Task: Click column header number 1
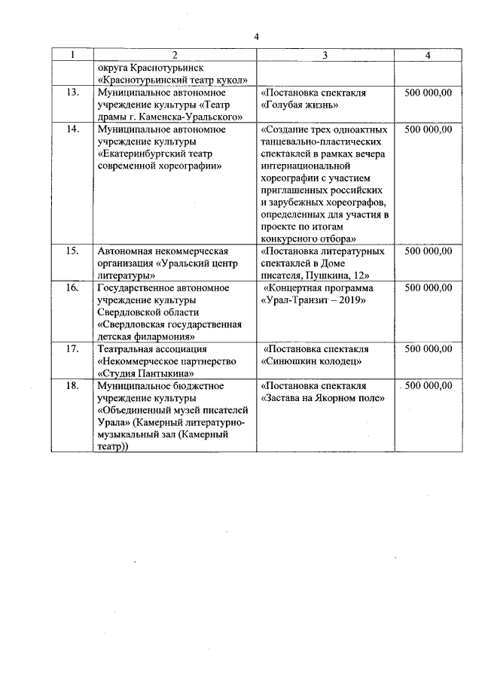click(x=72, y=55)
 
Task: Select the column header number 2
click(x=174, y=55)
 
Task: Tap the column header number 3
click(x=325, y=55)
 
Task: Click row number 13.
click(x=72, y=93)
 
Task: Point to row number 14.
click(x=72, y=129)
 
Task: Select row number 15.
click(x=72, y=251)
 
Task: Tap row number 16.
click(x=72, y=287)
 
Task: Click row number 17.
click(x=72, y=349)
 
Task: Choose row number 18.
click(x=72, y=385)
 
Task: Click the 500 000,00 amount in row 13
click(x=428, y=93)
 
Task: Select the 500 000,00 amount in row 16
click(x=428, y=287)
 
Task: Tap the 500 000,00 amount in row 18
click(x=428, y=385)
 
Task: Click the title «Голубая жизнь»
click(x=299, y=105)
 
